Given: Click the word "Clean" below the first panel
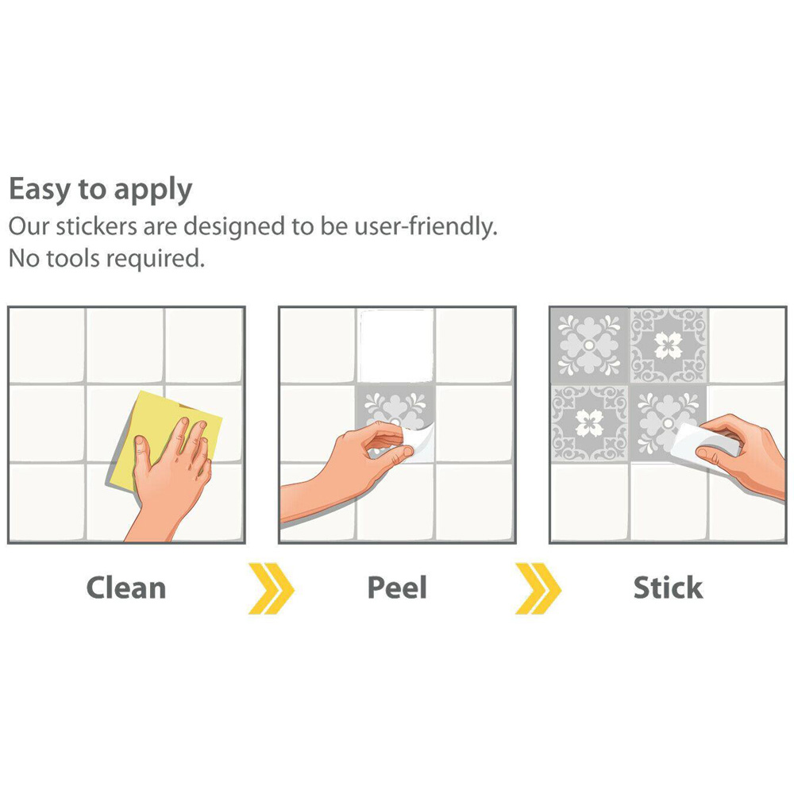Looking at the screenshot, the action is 126,588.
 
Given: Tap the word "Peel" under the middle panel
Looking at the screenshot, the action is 397,588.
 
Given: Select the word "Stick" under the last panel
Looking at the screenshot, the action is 668,588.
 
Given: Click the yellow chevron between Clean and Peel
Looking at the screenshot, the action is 271,588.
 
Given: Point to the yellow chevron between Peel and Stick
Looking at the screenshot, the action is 538,588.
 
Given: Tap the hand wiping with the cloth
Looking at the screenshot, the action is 170,476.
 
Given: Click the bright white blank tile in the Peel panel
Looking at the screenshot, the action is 396,345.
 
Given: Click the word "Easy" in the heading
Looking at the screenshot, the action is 40,190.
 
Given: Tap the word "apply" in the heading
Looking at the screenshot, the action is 153,191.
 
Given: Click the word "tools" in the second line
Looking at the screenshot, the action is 73,258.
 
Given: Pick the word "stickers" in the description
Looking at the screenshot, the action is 97,226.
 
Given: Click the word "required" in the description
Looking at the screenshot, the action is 156,259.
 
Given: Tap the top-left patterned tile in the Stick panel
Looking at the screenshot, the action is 589,345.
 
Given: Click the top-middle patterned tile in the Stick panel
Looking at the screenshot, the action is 669,345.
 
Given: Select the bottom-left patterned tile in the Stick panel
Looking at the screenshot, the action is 589,423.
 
